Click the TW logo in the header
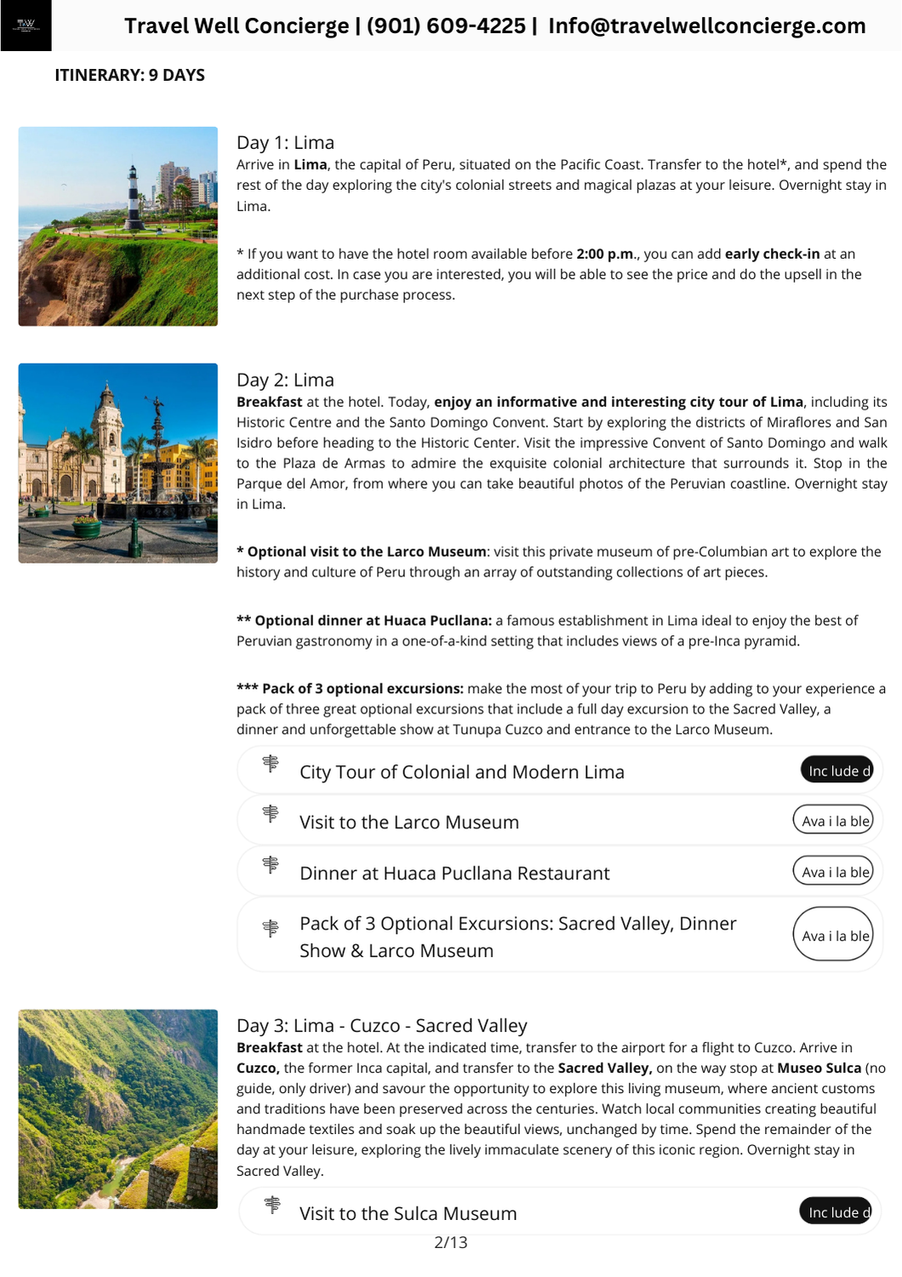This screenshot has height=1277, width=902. click(x=26, y=26)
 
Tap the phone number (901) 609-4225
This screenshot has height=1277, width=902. click(x=446, y=26)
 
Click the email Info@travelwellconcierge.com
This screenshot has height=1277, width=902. click(x=706, y=26)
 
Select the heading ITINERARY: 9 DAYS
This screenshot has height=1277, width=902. click(x=129, y=75)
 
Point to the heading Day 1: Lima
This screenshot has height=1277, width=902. click(x=285, y=142)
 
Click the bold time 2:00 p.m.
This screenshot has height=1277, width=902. click(x=605, y=254)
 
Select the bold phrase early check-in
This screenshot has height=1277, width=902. click(x=772, y=254)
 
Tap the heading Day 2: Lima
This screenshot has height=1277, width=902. click(x=285, y=380)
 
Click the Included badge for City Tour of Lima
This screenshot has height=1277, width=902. click(x=837, y=770)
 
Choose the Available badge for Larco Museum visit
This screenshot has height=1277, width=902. click(x=834, y=821)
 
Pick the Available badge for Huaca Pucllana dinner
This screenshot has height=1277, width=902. click(x=834, y=872)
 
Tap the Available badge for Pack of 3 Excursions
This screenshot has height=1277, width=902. click(x=834, y=935)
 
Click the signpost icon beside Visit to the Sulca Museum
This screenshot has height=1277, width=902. click(x=271, y=1205)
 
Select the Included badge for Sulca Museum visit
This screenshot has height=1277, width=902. click(x=836, y=1211)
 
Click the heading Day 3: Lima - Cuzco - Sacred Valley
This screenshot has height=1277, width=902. click(x=381, y=1025)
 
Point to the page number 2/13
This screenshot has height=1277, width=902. click(x=450, y=1242)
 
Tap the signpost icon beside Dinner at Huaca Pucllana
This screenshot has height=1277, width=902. click(x=271, y=865)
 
